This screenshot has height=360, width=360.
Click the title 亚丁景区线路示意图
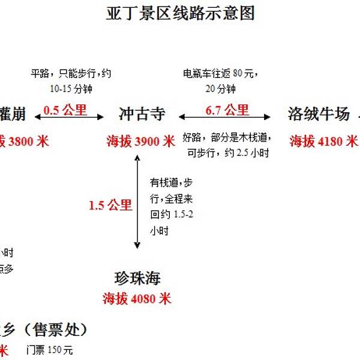click(x=180, y=14)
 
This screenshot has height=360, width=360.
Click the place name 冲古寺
click(x=142, y=114)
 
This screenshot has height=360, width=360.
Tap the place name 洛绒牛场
click(x=318, y=114)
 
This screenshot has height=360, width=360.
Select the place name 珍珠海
click(x=137, y=278)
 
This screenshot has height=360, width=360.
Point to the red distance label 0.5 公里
click(x=66, y=110)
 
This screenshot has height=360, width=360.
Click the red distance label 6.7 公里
click(x=227, y=110)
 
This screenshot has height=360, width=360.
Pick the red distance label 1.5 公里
click(x=110, y=205)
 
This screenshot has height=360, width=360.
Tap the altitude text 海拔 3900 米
click(x=140, y=142)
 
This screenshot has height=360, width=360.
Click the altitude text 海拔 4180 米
click(x=323, y=142)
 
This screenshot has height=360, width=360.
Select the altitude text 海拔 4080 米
click(x=137, y=298)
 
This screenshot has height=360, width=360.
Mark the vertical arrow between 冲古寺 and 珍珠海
click(x=137, y=202)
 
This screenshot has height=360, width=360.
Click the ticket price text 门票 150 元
click(x=49, y=350)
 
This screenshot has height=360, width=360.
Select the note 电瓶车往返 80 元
click(x=220, y=74)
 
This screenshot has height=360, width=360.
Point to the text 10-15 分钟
click(x=71, y=89)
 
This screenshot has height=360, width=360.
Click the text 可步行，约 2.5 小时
click(x=227, y=153)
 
